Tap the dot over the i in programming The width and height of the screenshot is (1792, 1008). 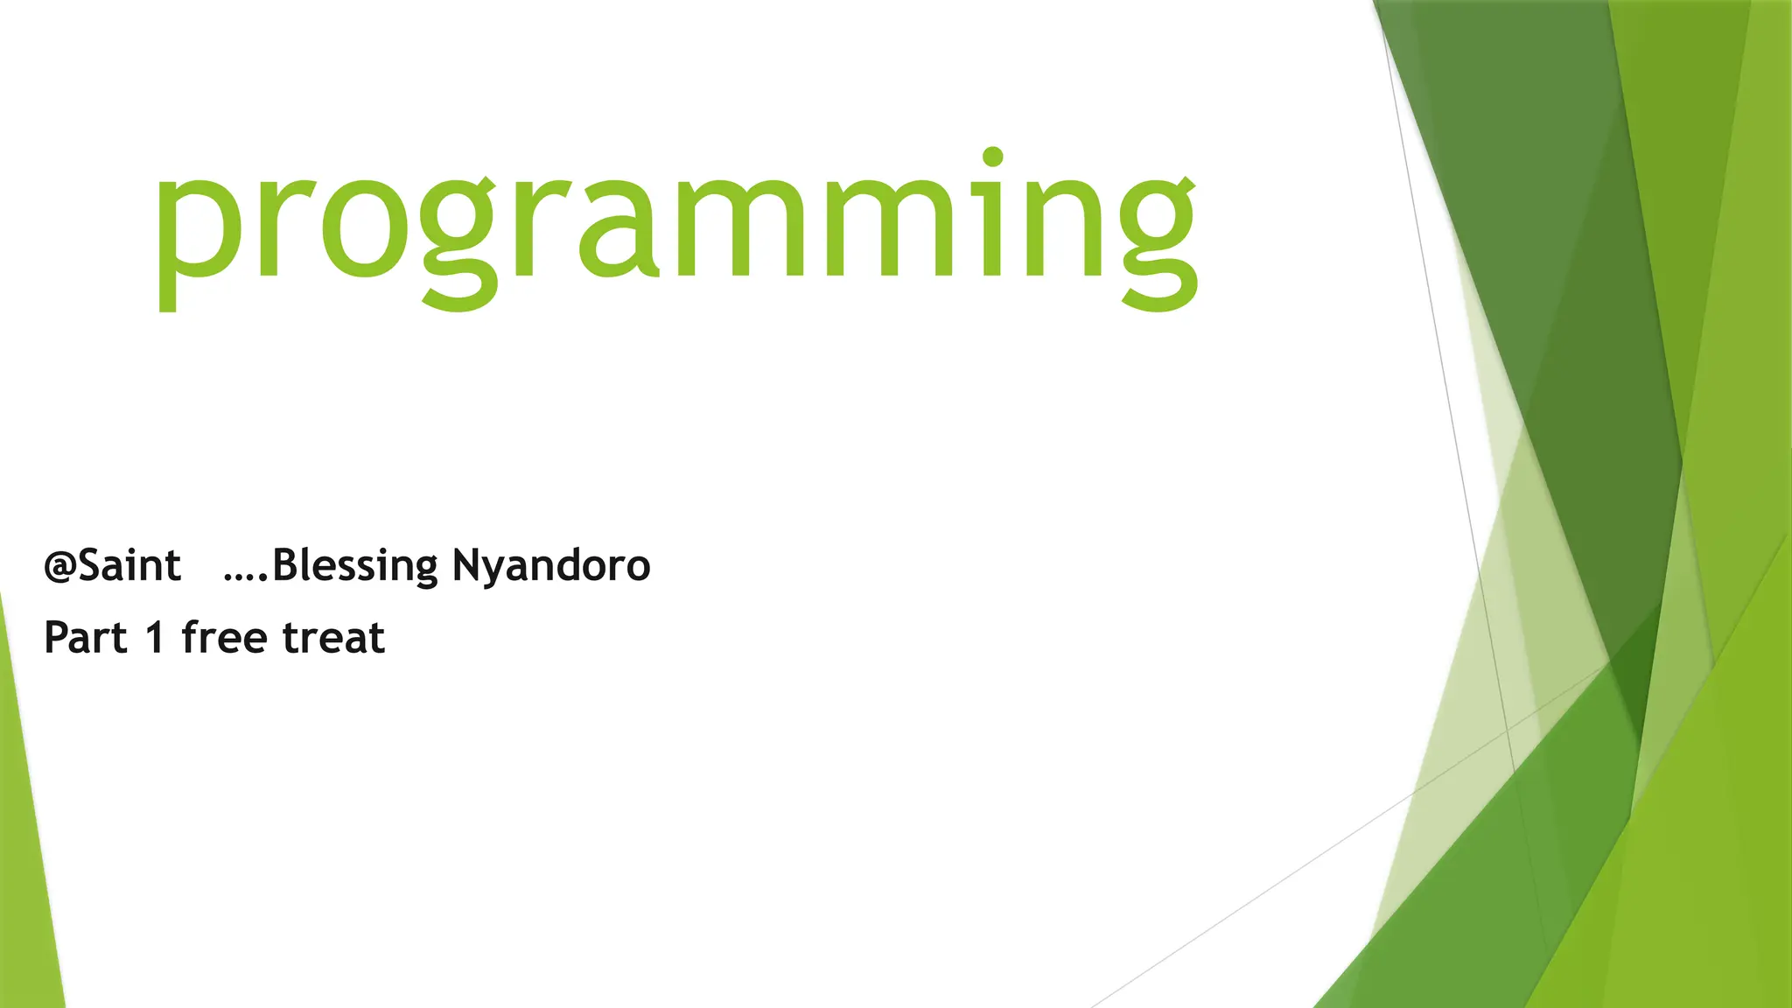coord(992,157)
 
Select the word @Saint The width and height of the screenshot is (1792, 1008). coord(112,566)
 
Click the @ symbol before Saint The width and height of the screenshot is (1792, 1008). coord(59,568)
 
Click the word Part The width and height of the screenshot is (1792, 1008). coord(86,638)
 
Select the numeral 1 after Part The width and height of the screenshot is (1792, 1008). coord(155,638)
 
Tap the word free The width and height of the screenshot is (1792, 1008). coord(224,636)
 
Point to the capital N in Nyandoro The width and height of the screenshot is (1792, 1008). coord(468,565)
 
